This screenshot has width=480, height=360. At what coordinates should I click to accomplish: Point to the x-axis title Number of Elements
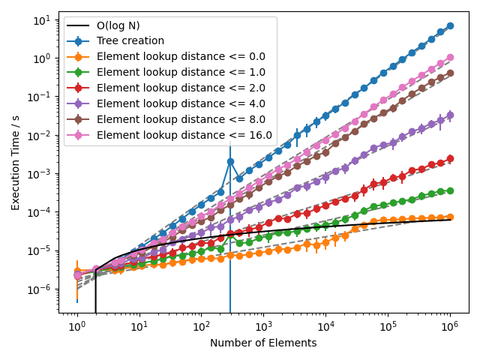click(263, 343)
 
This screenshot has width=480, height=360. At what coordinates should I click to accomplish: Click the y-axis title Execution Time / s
click(16, 157)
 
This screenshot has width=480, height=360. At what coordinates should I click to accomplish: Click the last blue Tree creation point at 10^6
click(450, 25)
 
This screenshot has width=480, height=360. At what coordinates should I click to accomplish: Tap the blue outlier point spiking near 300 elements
click(230, 161)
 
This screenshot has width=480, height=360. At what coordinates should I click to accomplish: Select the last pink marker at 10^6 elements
click(450, 57)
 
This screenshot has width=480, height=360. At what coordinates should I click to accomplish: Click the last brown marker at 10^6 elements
click(450, 73)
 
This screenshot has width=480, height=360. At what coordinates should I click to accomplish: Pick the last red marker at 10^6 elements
click(450, 158)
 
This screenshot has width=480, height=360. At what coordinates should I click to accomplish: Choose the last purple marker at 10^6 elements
click(450, 115)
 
